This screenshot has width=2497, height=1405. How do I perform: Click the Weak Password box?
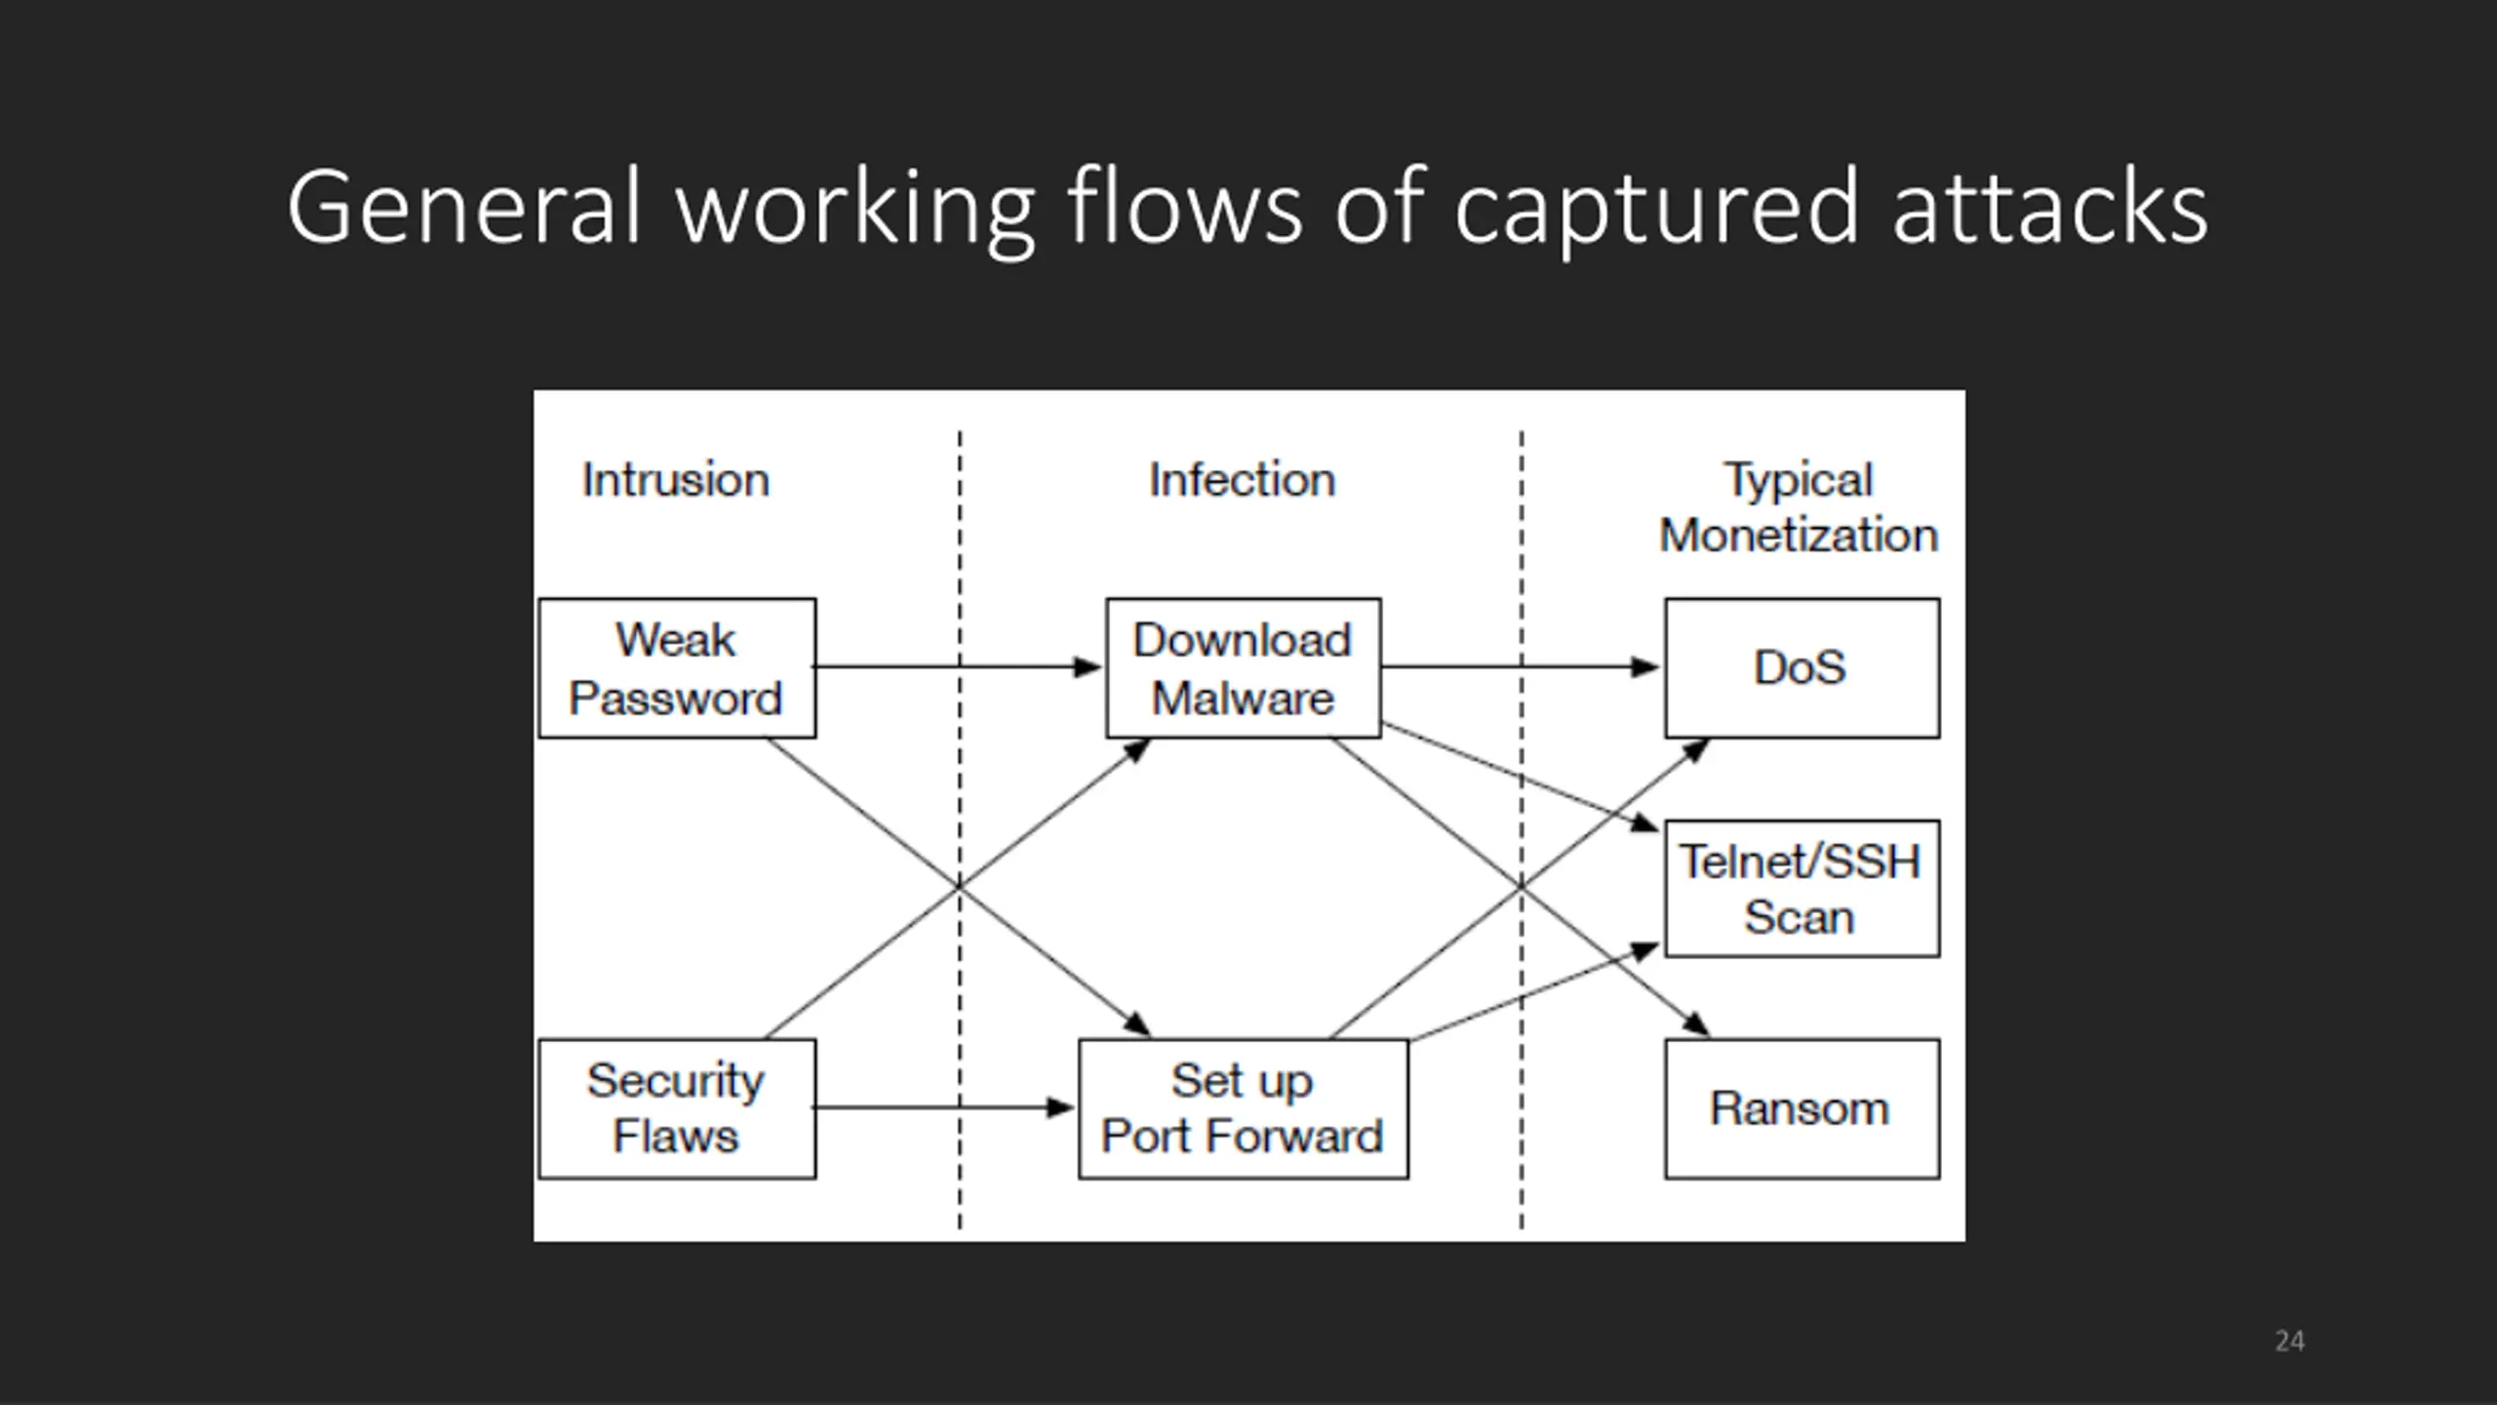(677, 668)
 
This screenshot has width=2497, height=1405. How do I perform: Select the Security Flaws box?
(677, 1108)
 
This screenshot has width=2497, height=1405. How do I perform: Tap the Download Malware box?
(1244, 668)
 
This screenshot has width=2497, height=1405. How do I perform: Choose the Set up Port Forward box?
(1244, 1108)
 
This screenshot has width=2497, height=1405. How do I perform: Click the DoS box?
(1803, 668)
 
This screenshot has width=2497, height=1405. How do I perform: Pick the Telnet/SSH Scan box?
(1803, 889)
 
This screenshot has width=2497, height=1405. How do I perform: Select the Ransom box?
(1803, 1108)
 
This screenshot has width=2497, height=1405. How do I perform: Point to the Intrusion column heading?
(676, 480)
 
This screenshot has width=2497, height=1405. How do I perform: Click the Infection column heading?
(1242, 480)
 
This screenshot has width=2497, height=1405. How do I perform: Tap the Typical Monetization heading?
(1800, 507)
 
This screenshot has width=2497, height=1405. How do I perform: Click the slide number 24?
(2289, 1341)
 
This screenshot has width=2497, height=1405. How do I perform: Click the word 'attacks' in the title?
(2050, 208)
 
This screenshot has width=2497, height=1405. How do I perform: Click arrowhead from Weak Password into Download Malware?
(1088, 667)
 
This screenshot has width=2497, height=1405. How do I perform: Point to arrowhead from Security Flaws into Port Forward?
(1060, 1107)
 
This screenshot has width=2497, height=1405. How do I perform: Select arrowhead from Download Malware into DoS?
(1645, 667)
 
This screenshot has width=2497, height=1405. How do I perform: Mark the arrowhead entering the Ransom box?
(1698, 1024)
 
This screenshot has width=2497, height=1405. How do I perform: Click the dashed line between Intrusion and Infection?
(960, 829)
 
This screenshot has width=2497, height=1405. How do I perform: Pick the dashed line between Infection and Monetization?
(1522, 829)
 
